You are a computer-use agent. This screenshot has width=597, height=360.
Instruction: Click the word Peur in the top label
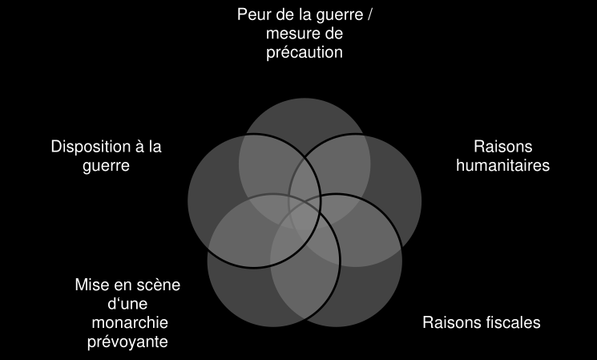pyautogui.click(x=253, y=15)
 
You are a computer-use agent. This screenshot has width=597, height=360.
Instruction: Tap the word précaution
pyautogui.click(x=305, y=53)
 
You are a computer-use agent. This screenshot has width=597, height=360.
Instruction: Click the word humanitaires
pyautogui.click(x=502, y=166)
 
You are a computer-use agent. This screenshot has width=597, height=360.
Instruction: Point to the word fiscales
pyautogui.click(x=511, y=323)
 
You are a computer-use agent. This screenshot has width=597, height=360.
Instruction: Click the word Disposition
pyautogui.click(x=89, y=147)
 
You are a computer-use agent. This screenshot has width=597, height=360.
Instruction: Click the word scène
pyautogui.click(x=157, y=285)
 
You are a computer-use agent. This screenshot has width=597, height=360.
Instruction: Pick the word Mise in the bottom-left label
pyautogui.click(x=90, y=285)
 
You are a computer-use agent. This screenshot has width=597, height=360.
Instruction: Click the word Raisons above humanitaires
pyautogui.click(x=502, y=147)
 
